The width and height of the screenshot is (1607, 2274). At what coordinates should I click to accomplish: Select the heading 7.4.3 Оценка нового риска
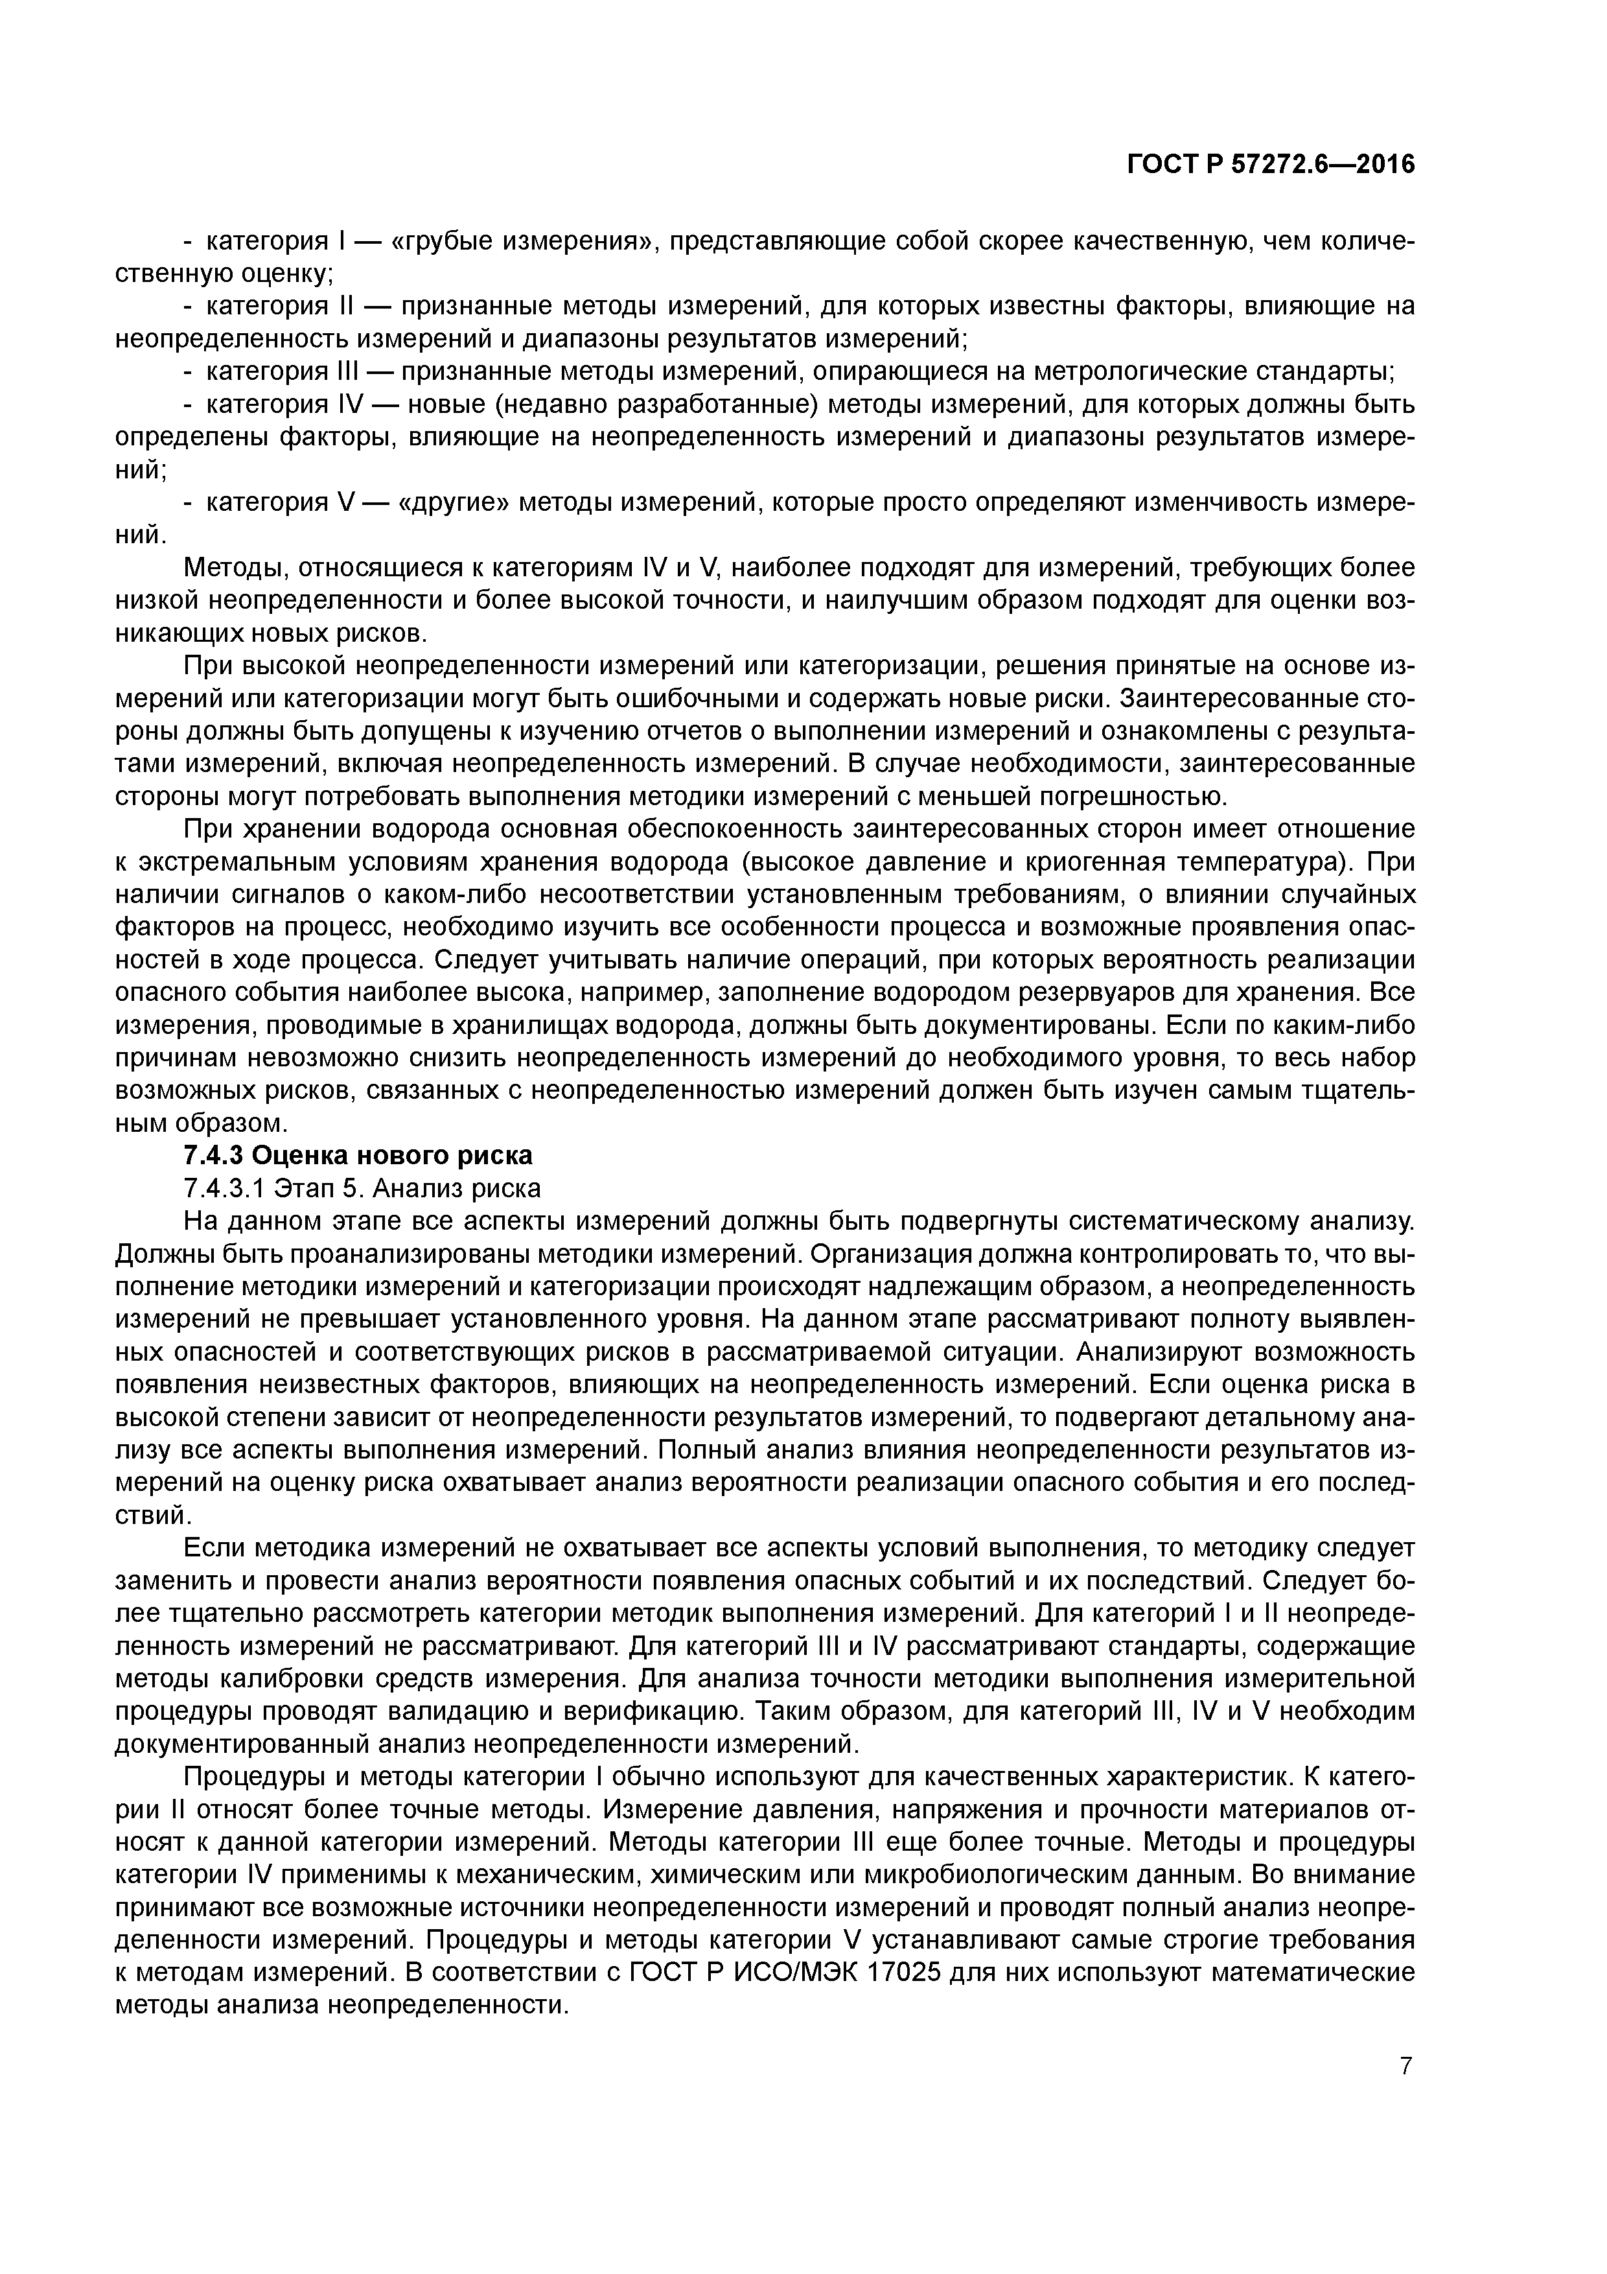point(358,1155)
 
